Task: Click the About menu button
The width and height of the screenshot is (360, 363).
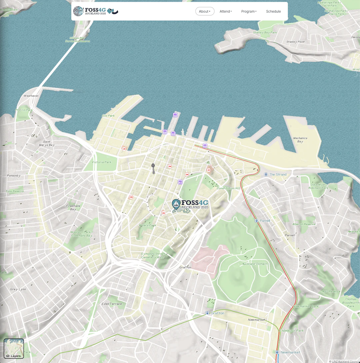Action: coord(205,11)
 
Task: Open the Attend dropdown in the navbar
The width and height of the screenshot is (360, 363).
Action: coord(226,11)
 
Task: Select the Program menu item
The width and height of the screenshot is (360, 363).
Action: coord(249,11)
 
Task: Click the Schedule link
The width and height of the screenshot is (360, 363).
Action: coord(273,11)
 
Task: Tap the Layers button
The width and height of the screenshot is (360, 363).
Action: coord(14,349)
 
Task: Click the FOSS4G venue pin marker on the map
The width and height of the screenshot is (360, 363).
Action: coord(176,204)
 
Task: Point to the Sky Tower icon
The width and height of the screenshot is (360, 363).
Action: coord(153,168)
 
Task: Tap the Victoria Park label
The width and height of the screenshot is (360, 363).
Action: coord(102,162)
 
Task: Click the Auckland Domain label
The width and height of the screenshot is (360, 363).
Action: coord(254,264)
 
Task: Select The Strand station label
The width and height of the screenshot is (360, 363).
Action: coord(278,175)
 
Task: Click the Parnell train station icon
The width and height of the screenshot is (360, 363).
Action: coord(256,220)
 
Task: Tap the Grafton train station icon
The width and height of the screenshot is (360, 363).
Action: coord(207,313)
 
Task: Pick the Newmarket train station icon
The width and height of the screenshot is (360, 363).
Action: coord(277,352)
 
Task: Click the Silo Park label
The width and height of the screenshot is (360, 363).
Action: coord(108,116)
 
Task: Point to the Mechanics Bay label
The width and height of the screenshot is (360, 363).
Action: coord(300,140)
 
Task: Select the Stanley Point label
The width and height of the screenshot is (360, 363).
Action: coord(295,42)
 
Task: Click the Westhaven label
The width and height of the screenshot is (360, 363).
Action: coord(31,96)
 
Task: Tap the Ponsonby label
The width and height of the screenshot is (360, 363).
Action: coord(14,176)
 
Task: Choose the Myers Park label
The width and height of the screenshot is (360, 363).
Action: coord(147,225)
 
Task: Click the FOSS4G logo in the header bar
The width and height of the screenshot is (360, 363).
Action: coord(95,11)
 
